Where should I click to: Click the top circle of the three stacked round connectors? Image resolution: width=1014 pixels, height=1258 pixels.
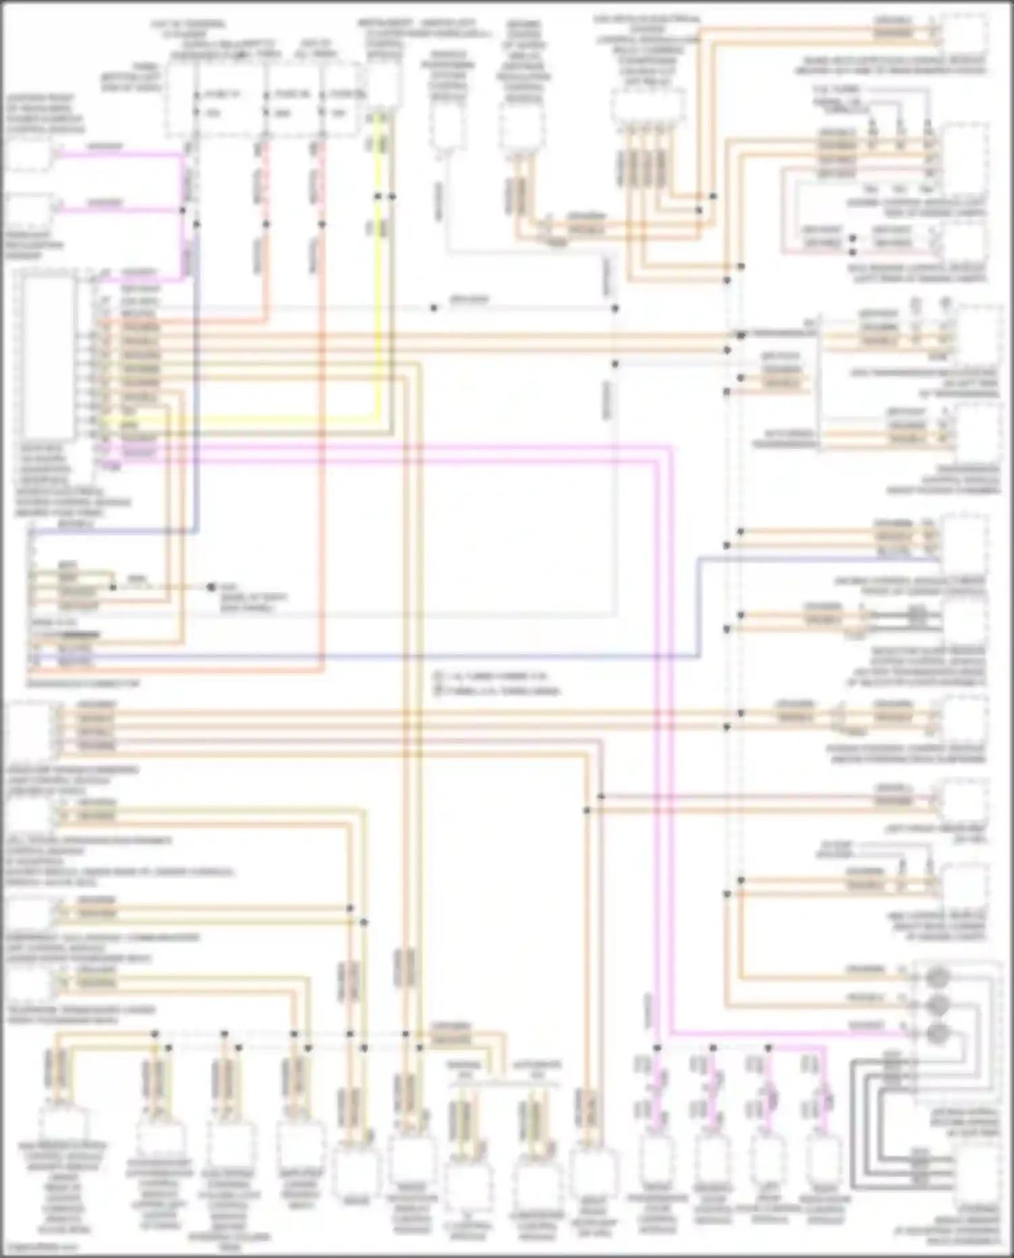(x=938, y=977)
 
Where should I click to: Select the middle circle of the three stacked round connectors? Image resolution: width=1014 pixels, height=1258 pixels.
(x=938, y=1004)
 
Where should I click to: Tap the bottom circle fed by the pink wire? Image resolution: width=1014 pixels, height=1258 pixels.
(x=938, y=1033)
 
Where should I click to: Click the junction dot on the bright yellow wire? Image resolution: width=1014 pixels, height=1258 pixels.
(x=378, y=197)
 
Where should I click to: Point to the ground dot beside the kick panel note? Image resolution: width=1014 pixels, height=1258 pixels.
(x=211, y=587)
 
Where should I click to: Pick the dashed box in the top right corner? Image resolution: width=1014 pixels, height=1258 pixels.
(x=965, y=34)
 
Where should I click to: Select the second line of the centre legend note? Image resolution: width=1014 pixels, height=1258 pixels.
(x=497, y=692)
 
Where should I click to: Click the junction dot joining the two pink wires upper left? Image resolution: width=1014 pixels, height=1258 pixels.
(x=183, y=210)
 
